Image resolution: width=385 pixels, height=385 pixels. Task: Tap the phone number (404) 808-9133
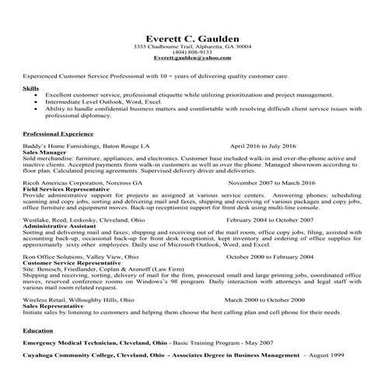192,52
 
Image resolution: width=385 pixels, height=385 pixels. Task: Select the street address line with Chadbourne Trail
192,47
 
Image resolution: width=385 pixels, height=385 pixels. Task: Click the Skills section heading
30,89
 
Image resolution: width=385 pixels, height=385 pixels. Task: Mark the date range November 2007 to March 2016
283,180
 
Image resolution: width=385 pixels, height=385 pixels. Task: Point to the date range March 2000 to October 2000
275,299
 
